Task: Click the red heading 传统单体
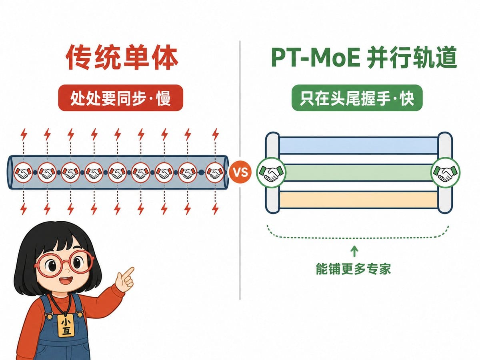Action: pyautogui.click(x=122, y=58)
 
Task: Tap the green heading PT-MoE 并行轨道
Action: pyautogui.click(x=364, y=58)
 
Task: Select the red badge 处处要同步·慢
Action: pyautogui.click(x=120, y=98)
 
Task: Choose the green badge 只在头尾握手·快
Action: pyautogui.click(x=357, y=98)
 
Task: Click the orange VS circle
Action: pyautogui.click(x=240, y=172)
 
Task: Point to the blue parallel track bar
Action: pyautogui.click(x=359, y=145)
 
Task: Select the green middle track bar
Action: pyautogui.click(x=359, y=173)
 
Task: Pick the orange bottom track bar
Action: pyautogui.click(x=359, y=200)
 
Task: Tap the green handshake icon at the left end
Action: pyautogui.click(x=271, y=173)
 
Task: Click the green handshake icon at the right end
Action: pyautogui.click(x=445, y=173)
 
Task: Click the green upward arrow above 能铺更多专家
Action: pyautogui.click(x=354, y=251)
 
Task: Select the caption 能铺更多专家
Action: pyautogui.click(x=353, y=269)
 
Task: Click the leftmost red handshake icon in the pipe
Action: pyautogui.click(x=23, y=172)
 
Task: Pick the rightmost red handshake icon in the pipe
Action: pyautogui.click(x=215, y=172)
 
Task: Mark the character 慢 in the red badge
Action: pyautogui.click(x=163, y=98)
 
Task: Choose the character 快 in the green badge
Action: pyautogui.click(x=407, y=98)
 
